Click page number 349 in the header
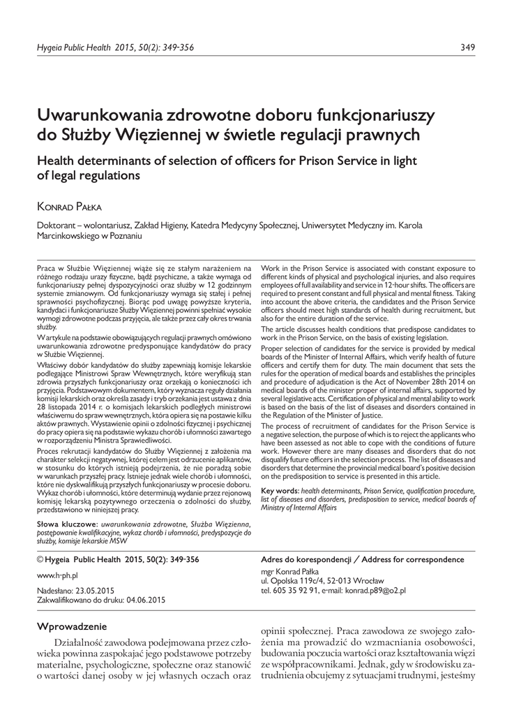coord(468,47)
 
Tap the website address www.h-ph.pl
coord(56,575)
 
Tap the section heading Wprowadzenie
coord(72,626)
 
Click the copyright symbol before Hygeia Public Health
coord(40,560)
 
